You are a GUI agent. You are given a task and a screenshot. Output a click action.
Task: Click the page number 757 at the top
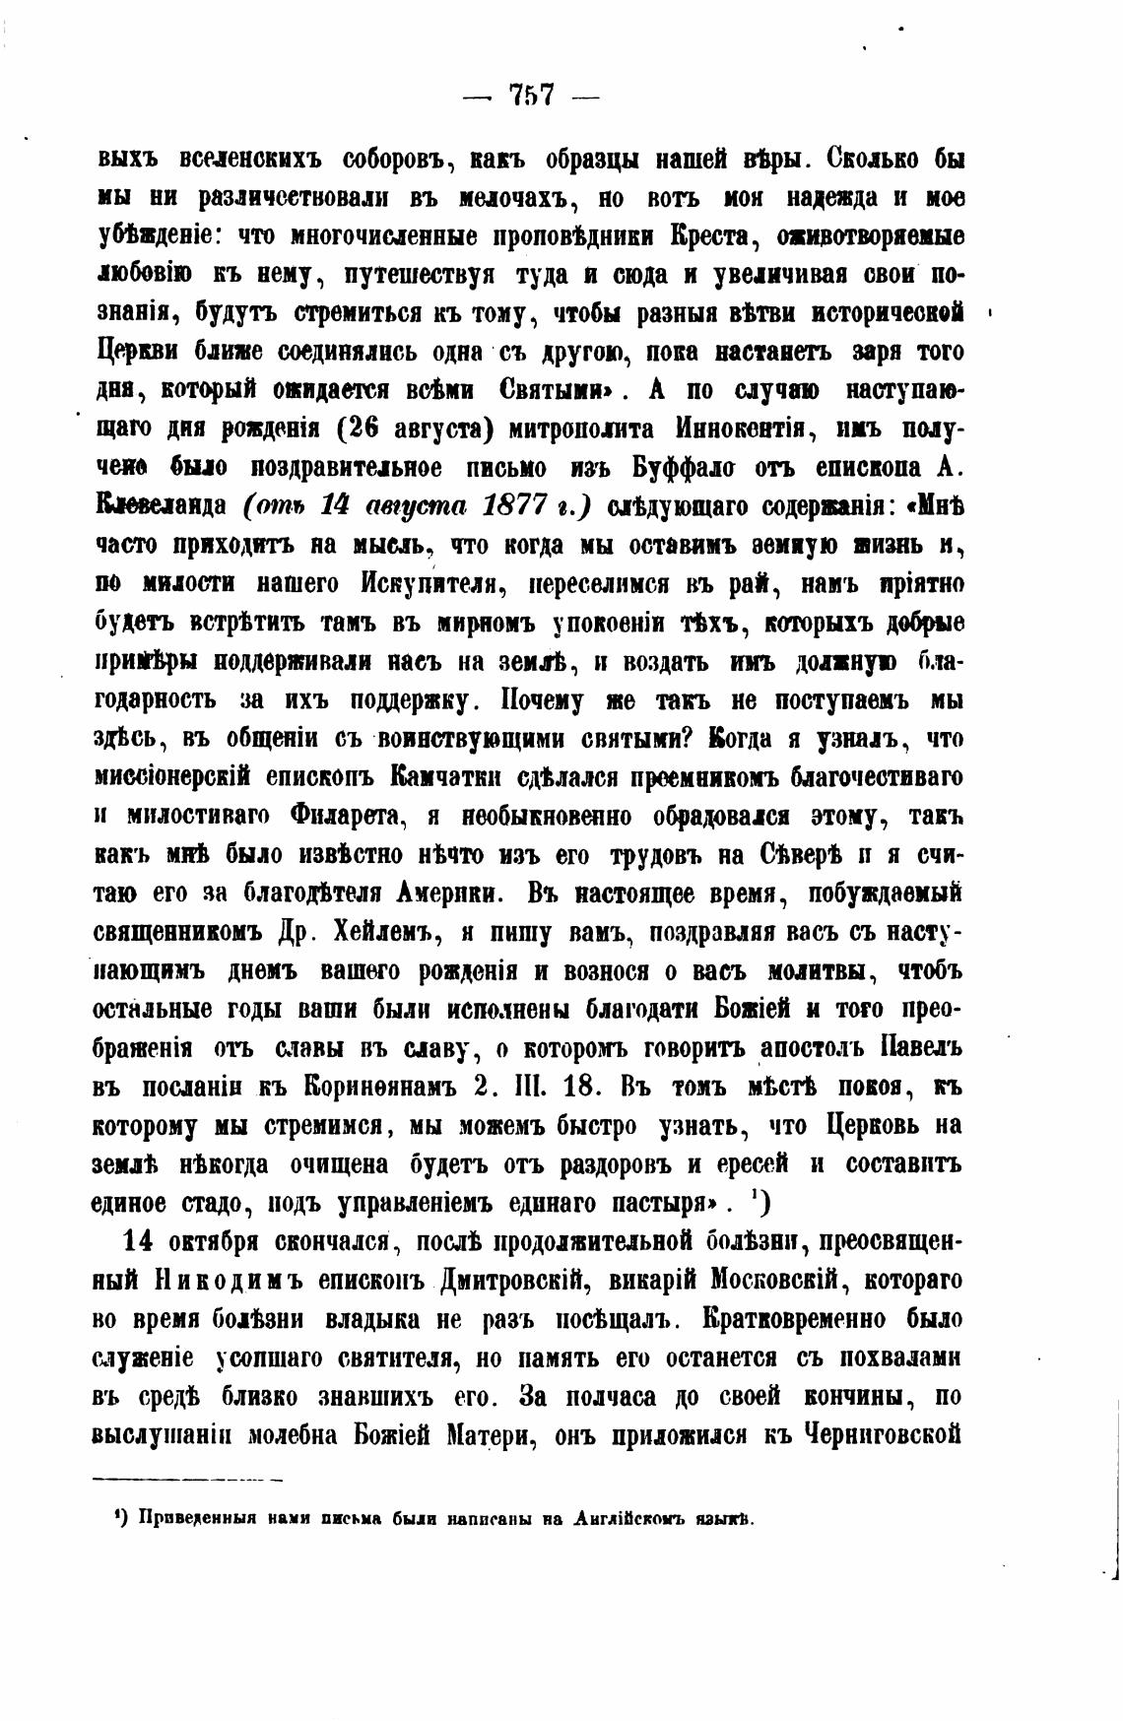pyautogui.click(x=532, y=95)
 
